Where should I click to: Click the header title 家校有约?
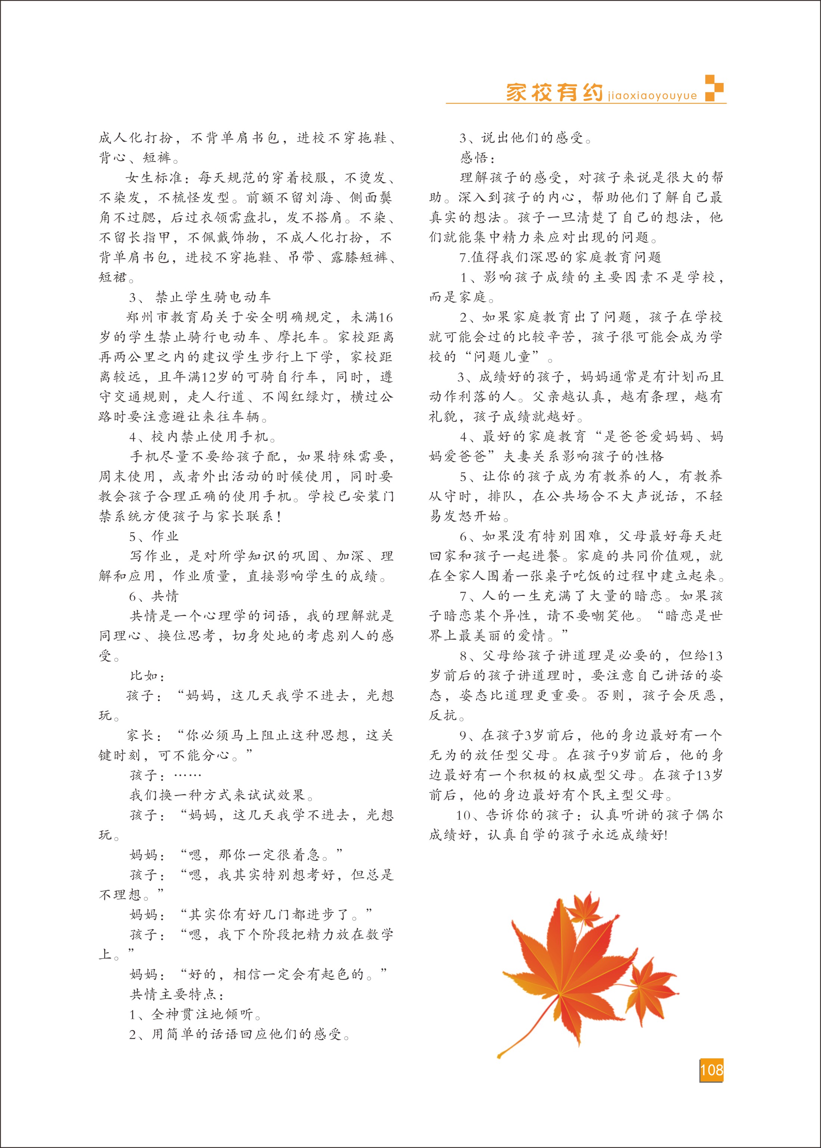[554, 93]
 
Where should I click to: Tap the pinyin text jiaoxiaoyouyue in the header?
[652, 96]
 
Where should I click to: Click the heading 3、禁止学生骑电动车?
[200, 297]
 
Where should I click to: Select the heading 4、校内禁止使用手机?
[203, 436]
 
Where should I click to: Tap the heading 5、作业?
[154, 536]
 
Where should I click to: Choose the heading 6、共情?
[154, 596]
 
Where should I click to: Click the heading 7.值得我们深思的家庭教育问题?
[560, 257]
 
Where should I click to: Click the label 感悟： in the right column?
[474, 158]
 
